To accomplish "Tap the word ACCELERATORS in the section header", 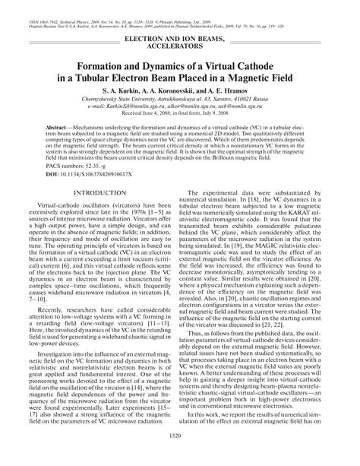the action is click(180, 45).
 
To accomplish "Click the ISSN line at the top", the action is click(114, 4).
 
